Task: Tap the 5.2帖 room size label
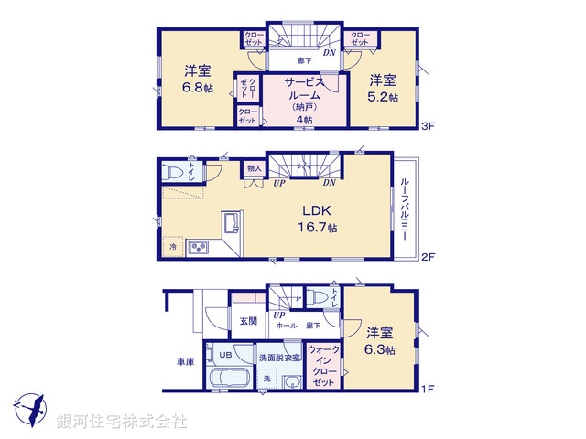pos(384,97)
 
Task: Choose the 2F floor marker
pos(427,259)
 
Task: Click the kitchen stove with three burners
pos(199,247)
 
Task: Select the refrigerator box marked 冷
pos(172,246)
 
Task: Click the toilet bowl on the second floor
pos(172,173)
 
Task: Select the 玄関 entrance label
pos(248,321)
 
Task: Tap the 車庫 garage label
pos(185,362)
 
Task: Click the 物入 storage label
pos(254,168)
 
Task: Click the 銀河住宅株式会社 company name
pos(123,422)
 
